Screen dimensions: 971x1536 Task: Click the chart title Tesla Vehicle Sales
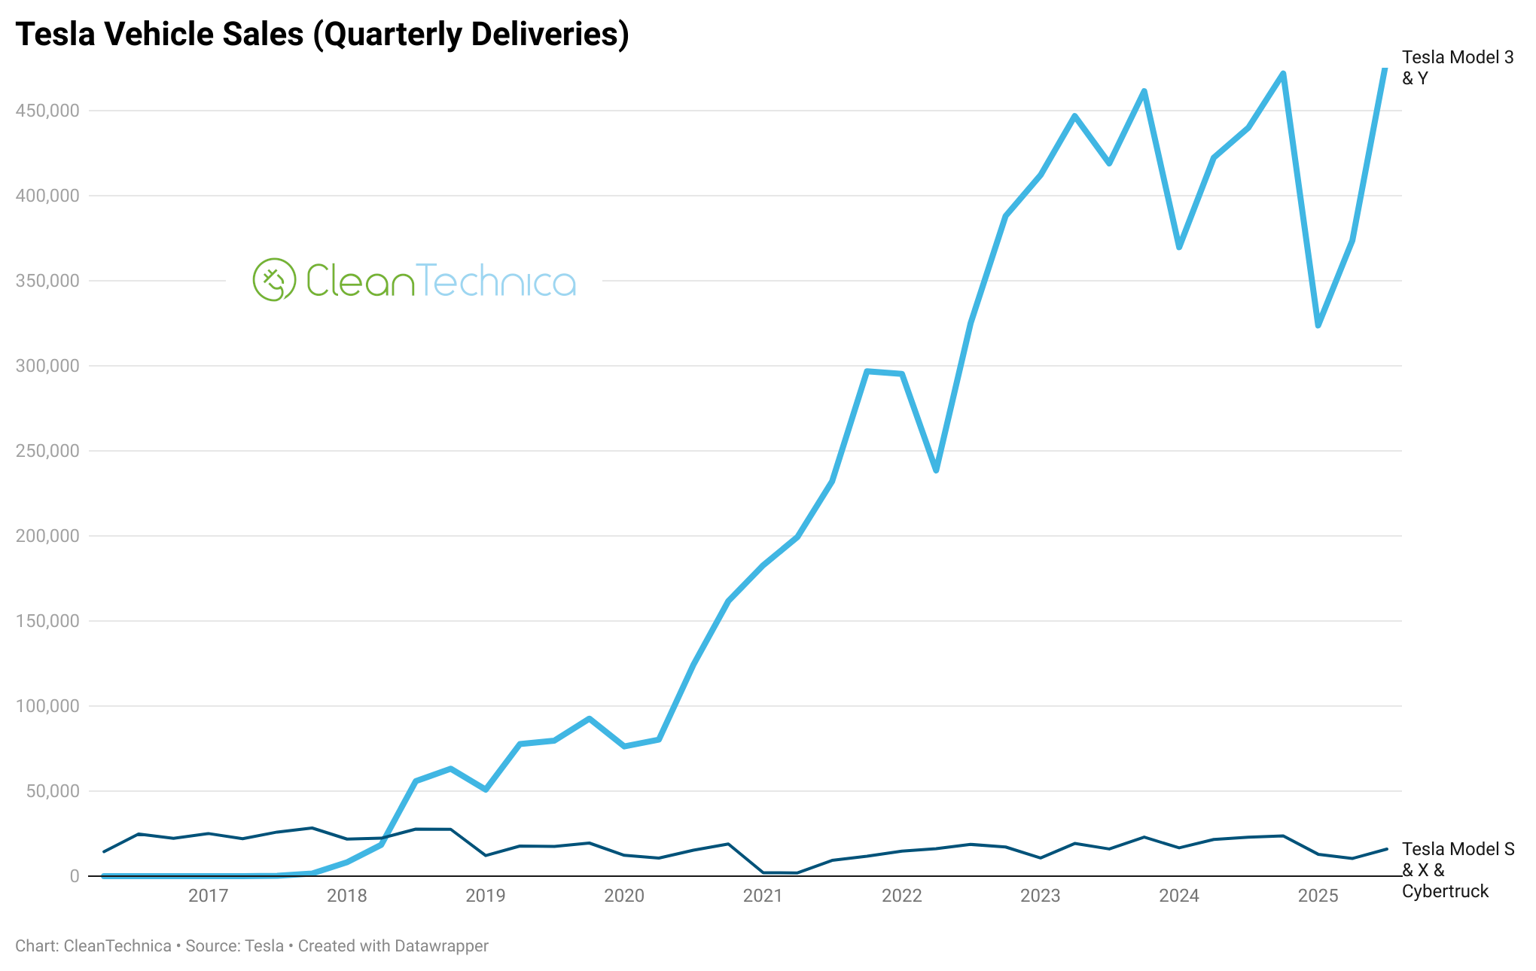pyautogui.click(x=322, y=35)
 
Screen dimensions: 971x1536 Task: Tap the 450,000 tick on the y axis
pyautogui.click(x=47, y=111)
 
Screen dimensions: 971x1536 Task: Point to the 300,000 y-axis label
pyautogui.click(x=47, y=366)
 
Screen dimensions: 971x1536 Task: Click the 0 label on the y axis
pyautogui.click(x=74, y=876)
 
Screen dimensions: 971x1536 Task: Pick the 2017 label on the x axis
pyautogui.click(x=208, y=896)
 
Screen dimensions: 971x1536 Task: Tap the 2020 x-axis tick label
pyautogui.click(x=624, y=896)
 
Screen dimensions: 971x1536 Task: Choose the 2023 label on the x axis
pyautogui.click(x=1040, y=896)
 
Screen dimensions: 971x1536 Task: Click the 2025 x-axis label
pyautogui.click(x=1318, y=896)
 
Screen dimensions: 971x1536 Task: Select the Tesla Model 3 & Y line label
pyautogui.click(x=1457, y=68)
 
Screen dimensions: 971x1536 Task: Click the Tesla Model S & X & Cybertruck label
pyautogui.click(x=1457, y=870)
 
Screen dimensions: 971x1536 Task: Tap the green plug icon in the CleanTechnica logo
pyautogui.click(x=274, y=280)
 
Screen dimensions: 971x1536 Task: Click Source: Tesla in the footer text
pyautogui.click(x=234, y=946)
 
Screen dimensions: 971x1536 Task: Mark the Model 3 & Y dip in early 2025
pyautogui.click(x=1318, y=326)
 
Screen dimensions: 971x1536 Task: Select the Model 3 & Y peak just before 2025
pyautogui.click(x=1283, y=74)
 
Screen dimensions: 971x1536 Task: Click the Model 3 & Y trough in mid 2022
pyautogui.click(x=936, y=471)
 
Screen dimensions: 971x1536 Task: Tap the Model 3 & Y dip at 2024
pyautogui.click(x=1179, y=248)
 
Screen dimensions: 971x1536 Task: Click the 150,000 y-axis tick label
pyautogui.click(x=47, y=621)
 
